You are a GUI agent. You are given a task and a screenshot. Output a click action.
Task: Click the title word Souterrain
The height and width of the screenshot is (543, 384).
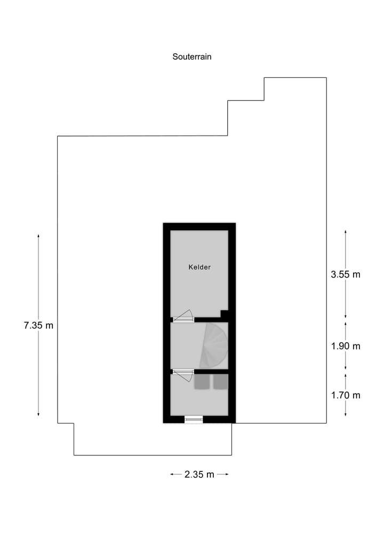(x=192, y=56)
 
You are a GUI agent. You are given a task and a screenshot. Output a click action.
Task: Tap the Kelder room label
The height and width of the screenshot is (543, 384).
(x=199, y=267)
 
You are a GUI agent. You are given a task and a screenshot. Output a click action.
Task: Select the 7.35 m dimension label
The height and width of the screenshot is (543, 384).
(x=38, y=325)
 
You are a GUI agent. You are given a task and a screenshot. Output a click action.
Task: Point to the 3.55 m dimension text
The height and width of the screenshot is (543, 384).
(x=346, y=274)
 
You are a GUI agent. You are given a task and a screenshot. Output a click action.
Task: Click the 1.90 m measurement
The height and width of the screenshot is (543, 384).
(x=346, y=346)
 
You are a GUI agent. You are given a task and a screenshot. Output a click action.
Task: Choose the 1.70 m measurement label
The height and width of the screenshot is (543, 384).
(x=346, y=395)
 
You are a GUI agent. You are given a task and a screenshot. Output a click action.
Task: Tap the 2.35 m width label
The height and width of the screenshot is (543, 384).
(x=199, y=474)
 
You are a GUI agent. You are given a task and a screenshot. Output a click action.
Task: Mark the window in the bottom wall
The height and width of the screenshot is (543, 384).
(x=194, y=420)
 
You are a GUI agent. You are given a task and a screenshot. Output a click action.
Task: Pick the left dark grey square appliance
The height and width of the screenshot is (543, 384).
(x=202, y=382)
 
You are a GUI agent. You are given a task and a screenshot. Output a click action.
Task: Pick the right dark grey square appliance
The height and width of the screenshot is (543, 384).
(x=220, y=382)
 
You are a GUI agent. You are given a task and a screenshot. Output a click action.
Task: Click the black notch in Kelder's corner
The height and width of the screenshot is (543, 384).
(x=225, y=314)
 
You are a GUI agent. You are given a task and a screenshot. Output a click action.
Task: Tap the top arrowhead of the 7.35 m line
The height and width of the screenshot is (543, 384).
(x=38, y=235)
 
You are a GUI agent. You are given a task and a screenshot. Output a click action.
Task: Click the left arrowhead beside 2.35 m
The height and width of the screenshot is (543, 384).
(x=172, y=474)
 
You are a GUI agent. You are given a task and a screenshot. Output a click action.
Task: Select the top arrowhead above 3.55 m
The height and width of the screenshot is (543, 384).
(x=346, y=232)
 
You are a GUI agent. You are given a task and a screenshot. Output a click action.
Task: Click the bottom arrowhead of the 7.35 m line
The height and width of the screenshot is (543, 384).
(x=38, y=414)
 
